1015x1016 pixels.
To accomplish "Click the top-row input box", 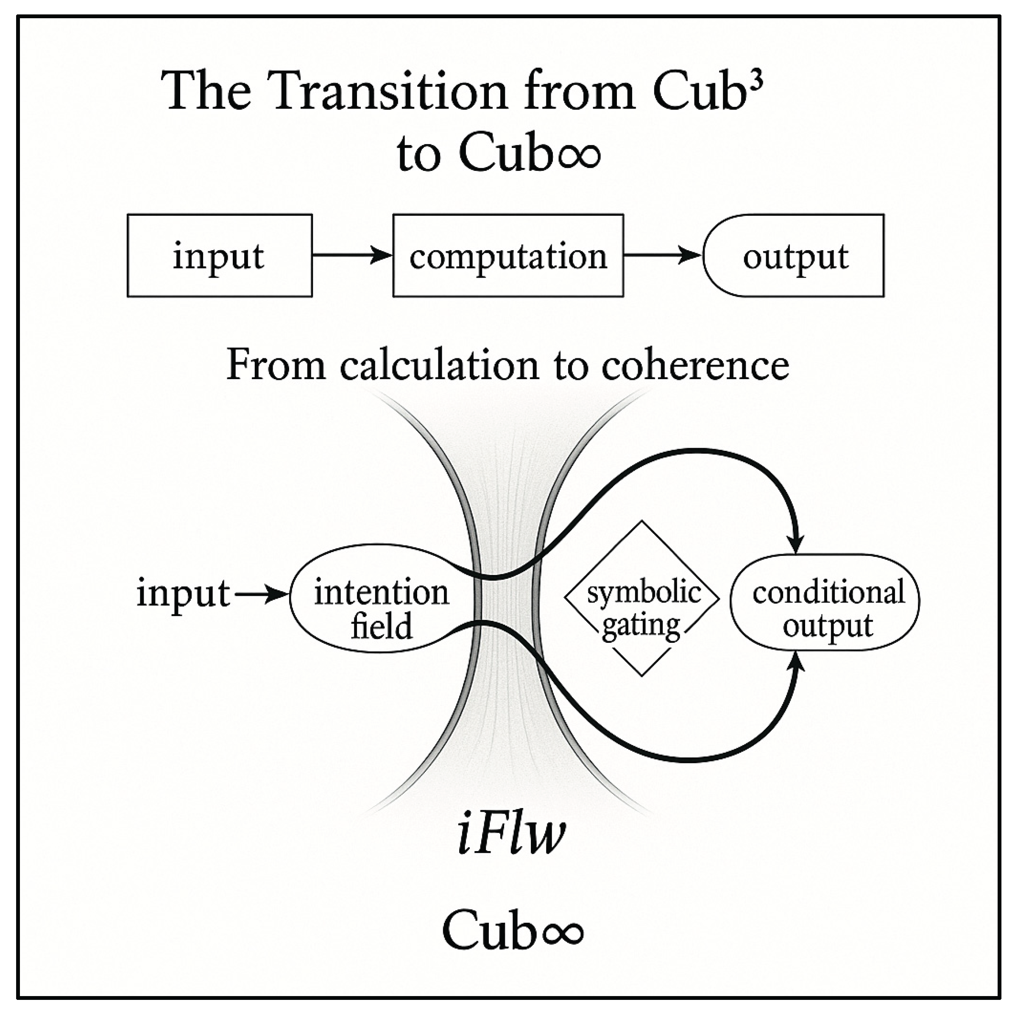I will point(219,256).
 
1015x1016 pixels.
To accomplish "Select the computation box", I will point(508,256).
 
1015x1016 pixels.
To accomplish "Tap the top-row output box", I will point(795,256).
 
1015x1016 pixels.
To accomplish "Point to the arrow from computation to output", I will point(663,256).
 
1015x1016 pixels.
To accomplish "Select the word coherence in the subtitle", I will point(695,365).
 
